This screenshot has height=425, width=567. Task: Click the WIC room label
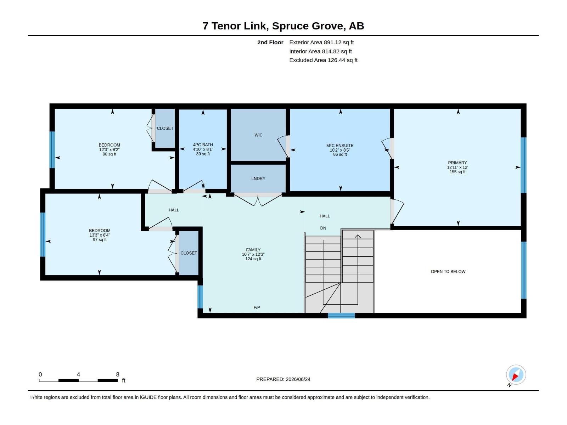tap(258, 135)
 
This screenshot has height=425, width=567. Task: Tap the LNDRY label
tap(258, 178)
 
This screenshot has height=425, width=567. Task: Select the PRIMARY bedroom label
tap(457, 163)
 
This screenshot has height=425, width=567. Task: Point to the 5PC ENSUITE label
tap(340, 146)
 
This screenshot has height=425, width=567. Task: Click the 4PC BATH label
tap(203, 145)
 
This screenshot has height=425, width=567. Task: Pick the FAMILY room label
tap(253, 250)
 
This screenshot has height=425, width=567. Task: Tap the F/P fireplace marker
tap(257, 307)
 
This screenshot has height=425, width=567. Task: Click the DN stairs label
tap(323, 228)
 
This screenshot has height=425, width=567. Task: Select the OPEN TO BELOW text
tap(448, 271)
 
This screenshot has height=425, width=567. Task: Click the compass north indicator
tap(516, 375)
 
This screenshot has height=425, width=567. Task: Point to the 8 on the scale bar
tap(118, 374)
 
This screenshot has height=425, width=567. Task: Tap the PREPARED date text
tap(283, 379)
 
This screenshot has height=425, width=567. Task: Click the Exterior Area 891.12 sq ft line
tap(321, 42)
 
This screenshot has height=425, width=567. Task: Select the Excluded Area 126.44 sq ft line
tap(323, 60)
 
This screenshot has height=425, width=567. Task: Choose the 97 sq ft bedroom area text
tap(100, 240)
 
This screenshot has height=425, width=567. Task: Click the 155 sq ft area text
tap(457, 172)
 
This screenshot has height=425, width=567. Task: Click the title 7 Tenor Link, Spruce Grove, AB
tap(283, 26)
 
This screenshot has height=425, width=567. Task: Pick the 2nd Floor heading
tap(270, 42)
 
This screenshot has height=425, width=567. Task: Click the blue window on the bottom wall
tap(341, 316)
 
